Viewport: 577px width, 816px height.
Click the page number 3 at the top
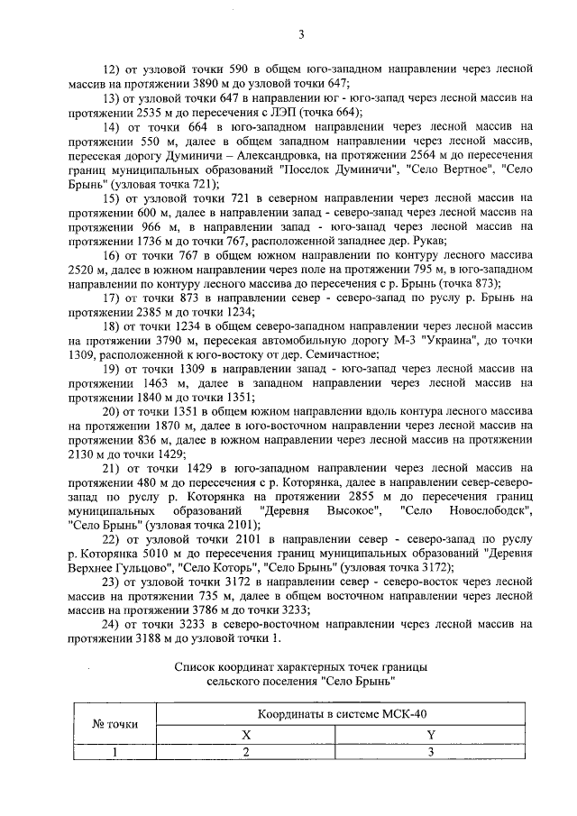(301, 35)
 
